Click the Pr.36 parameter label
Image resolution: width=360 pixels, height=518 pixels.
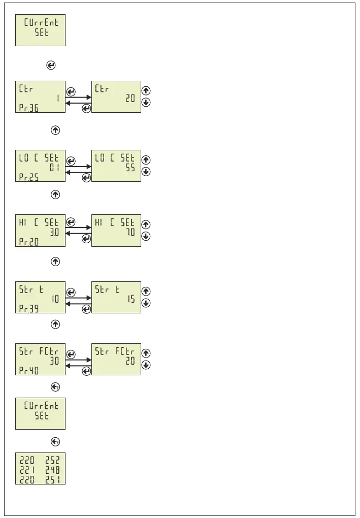tap(28, 108)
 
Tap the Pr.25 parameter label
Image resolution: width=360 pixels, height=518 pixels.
tap(28, 177)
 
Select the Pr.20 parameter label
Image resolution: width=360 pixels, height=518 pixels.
tap(28, 242)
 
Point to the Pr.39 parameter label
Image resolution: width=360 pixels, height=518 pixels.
tap(28, 308)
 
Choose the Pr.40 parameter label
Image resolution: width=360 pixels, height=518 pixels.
tap(28, 371)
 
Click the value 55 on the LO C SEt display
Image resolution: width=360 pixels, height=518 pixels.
tap(130, 168)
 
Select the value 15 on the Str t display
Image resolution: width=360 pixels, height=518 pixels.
tap(131, 299)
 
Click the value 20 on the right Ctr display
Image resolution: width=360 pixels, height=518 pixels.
tap(130, 99)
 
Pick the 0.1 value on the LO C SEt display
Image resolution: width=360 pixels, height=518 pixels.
tap(54, 168)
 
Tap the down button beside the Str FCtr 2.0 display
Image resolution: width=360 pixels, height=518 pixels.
tap(146, 365)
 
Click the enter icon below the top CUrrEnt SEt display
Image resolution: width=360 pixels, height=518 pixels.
tap(51, 66)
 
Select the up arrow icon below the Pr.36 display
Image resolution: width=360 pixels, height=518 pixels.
tap(55, 131)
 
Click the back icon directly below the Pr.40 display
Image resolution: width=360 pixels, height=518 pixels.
tap(55, 387)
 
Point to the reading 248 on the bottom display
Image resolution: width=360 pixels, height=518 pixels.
tap(53, 470)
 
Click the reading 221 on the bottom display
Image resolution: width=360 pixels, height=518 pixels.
tap(27, 470)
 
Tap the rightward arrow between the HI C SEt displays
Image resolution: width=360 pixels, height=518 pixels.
tap(78, 228)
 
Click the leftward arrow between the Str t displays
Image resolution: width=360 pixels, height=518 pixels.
tap(78, 303)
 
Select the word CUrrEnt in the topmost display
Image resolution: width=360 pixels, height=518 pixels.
tap(41, 23)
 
